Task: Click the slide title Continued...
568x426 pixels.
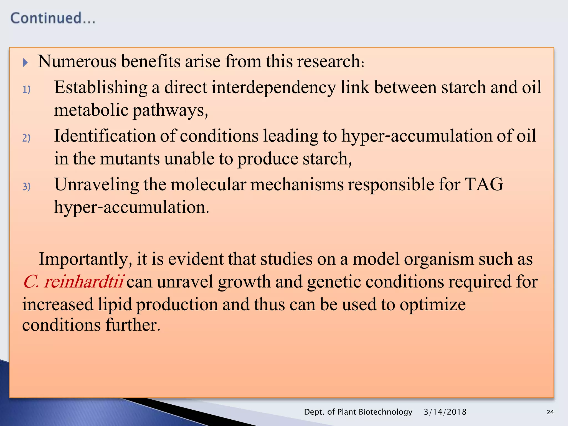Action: click(53, 18)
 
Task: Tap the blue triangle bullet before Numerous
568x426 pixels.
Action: click(25, 62)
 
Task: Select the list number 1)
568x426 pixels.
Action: click(26, 90)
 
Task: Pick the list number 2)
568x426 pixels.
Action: click(26, 138)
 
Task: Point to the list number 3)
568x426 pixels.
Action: click(26, 186)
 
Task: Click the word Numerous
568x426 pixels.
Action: click(77, 61)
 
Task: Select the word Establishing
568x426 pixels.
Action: click(100, 88)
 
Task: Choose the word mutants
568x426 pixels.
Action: click(130, 159)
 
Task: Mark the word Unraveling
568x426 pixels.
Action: click(97, 184)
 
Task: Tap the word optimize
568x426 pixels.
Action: click(432, 305)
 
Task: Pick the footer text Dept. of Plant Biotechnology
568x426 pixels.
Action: click(358, 412)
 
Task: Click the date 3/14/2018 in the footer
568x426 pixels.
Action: click(445, 412)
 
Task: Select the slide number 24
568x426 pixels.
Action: click(550, 412)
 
